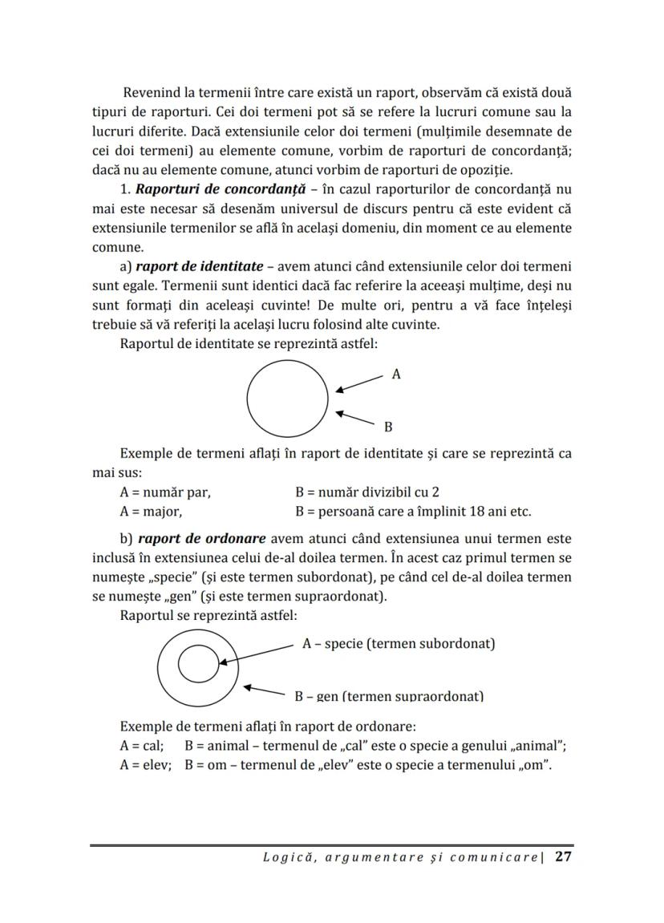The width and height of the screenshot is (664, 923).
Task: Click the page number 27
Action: coord(563,857)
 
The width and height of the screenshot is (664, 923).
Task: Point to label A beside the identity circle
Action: coord(396,374)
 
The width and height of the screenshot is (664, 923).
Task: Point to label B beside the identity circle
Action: coord(388,427)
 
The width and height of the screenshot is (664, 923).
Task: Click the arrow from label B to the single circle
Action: coord(355,418)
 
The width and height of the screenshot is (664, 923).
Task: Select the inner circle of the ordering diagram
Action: coord(196,665)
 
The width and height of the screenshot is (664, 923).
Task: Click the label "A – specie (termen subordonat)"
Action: coord(398,644)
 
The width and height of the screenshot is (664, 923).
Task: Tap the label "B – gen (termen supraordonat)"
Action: coord(389,696)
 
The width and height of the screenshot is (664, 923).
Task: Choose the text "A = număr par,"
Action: coord(164,492)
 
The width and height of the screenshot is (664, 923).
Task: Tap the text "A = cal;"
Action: coord(141,746)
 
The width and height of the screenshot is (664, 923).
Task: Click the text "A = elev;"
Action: coord(145,765)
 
